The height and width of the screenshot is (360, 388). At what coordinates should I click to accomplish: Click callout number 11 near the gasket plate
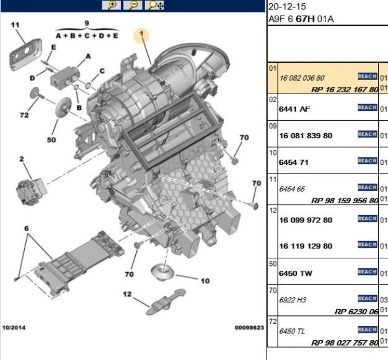(x=15, y=25)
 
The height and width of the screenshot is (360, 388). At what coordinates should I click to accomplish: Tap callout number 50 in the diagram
(x=51, y=140)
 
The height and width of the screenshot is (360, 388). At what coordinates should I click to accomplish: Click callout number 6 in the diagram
(x=27, y=228)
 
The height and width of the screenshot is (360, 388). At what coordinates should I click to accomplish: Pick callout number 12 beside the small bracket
(x=126, y=294)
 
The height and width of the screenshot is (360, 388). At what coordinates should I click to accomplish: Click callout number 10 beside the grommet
(x=205, y=280)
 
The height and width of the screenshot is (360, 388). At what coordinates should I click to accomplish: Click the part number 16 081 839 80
(x=306, y=135)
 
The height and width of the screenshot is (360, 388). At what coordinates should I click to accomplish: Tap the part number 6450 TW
(x=298, y=273)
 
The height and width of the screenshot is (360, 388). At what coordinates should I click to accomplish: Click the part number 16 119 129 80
(x=306, y=246)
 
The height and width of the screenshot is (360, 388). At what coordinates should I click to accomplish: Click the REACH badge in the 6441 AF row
(x=367, y=108)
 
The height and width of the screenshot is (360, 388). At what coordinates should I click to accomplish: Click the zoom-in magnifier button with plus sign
(x=112, y=6)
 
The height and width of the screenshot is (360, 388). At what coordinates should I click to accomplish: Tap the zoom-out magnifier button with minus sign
(x=133, y=6)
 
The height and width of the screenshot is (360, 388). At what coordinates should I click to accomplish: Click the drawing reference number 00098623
(x=249, y=327)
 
